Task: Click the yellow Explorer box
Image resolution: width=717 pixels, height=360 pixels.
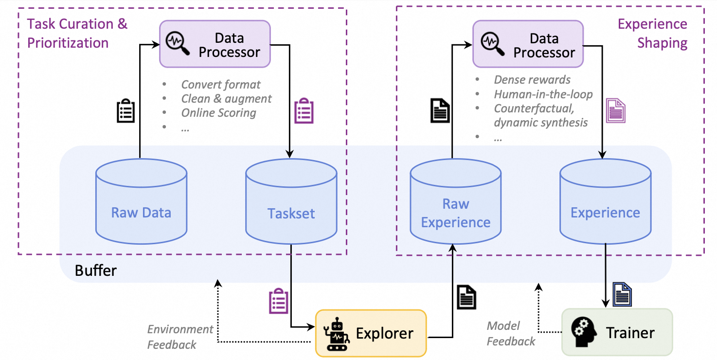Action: point(371,333)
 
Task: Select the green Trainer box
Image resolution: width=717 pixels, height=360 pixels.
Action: point(617,332)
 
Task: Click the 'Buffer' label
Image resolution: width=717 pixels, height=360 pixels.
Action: point(96,270)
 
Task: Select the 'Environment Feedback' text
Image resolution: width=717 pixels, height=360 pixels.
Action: point(180,337)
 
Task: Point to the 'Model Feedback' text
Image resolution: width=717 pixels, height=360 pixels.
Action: point(511,333)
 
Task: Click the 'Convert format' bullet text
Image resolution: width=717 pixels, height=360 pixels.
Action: point(221,85)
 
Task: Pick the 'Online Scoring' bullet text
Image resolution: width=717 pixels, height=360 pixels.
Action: point(218,113)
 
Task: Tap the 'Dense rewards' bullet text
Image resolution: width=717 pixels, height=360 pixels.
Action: point(532,80)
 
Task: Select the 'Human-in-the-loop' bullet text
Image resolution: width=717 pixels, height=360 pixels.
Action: point(543,94)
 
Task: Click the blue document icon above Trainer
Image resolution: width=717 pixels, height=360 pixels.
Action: point(622,294)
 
